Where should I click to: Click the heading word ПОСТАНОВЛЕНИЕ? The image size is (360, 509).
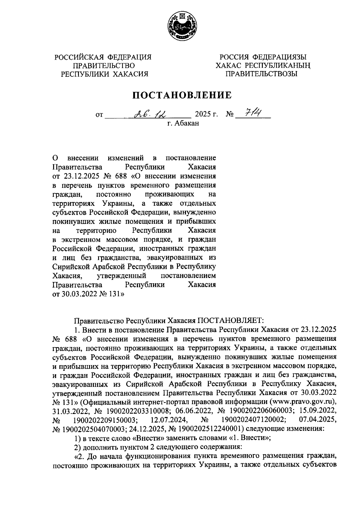coord(182,95)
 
